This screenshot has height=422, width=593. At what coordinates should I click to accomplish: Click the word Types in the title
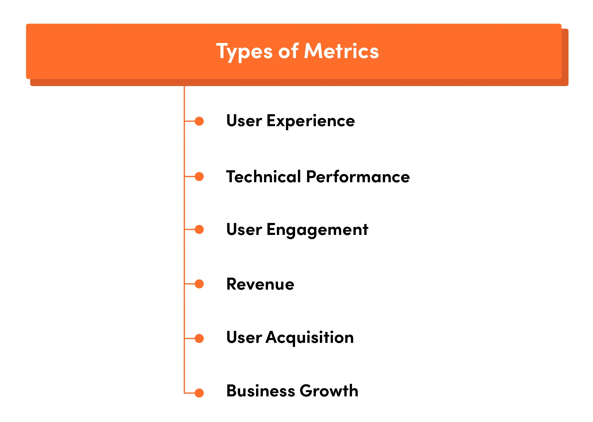[x=244, y=52]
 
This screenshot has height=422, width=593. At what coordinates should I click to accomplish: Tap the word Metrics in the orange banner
[x=342, y=52]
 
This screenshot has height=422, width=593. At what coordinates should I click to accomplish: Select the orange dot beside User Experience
[x=199, y=121]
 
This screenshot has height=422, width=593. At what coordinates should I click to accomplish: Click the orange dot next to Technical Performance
[x=199, y=177]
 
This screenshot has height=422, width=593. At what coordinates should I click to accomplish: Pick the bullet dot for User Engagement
[x=199, y=229]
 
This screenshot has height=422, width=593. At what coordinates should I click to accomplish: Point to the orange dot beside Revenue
[x=199, y=284]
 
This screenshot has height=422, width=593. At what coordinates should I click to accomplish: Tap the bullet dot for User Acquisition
[x=199, y=338]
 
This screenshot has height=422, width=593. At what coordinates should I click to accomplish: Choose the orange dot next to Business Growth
[x=199, y=393]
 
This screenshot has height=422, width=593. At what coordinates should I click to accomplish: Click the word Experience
[x=311, y=121]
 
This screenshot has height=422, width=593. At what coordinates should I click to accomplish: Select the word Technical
[x=263, y=177]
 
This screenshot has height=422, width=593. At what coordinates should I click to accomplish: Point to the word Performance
[x=358, y=177]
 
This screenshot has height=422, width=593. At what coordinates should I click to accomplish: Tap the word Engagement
[x=317, y=230]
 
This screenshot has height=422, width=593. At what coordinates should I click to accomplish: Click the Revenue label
[x=260, y=284]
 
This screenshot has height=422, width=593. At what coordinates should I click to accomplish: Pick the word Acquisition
[x=310, y=338]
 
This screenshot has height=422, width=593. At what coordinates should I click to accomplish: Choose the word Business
[x=261, y=391]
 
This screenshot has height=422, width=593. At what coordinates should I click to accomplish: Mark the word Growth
[x=329, y=391]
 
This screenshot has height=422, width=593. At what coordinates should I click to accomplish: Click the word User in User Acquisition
[x=244, y=338]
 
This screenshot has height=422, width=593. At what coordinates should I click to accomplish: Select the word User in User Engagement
[x=244, y=230]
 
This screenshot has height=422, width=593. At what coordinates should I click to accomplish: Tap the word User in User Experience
[x=244, y=121]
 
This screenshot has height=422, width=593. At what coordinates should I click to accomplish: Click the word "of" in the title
[x=288, y=52]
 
